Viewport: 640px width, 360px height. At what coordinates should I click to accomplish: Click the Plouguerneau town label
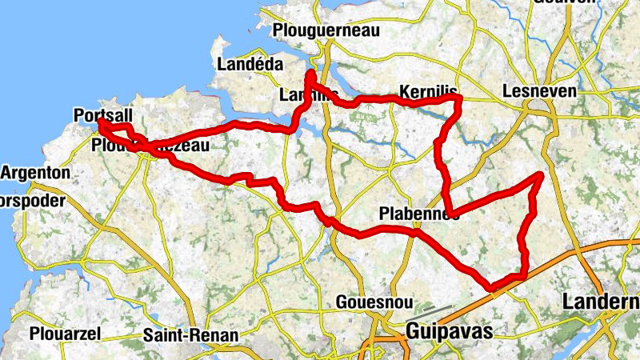tap(326, 30)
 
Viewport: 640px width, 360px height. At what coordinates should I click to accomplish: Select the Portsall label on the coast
tap(102, 115)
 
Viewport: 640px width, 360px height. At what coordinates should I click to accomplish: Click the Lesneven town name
tap(539, 92)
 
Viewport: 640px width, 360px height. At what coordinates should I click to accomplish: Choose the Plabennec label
tap(418, 214)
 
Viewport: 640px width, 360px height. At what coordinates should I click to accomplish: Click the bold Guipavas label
tap(447, 330)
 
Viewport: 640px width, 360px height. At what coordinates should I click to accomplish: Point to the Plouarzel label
tap(63, 334)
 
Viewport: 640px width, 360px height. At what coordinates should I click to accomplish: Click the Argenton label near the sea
tap(37, 173)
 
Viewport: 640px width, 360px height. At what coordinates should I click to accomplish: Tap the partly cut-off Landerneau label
tap(601, 302)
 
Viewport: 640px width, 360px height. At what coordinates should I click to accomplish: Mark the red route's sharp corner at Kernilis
tap(459, 98)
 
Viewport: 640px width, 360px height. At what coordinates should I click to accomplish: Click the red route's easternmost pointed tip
tap(542, 174)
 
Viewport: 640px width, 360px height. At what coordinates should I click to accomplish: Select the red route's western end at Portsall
tap(101, 123)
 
